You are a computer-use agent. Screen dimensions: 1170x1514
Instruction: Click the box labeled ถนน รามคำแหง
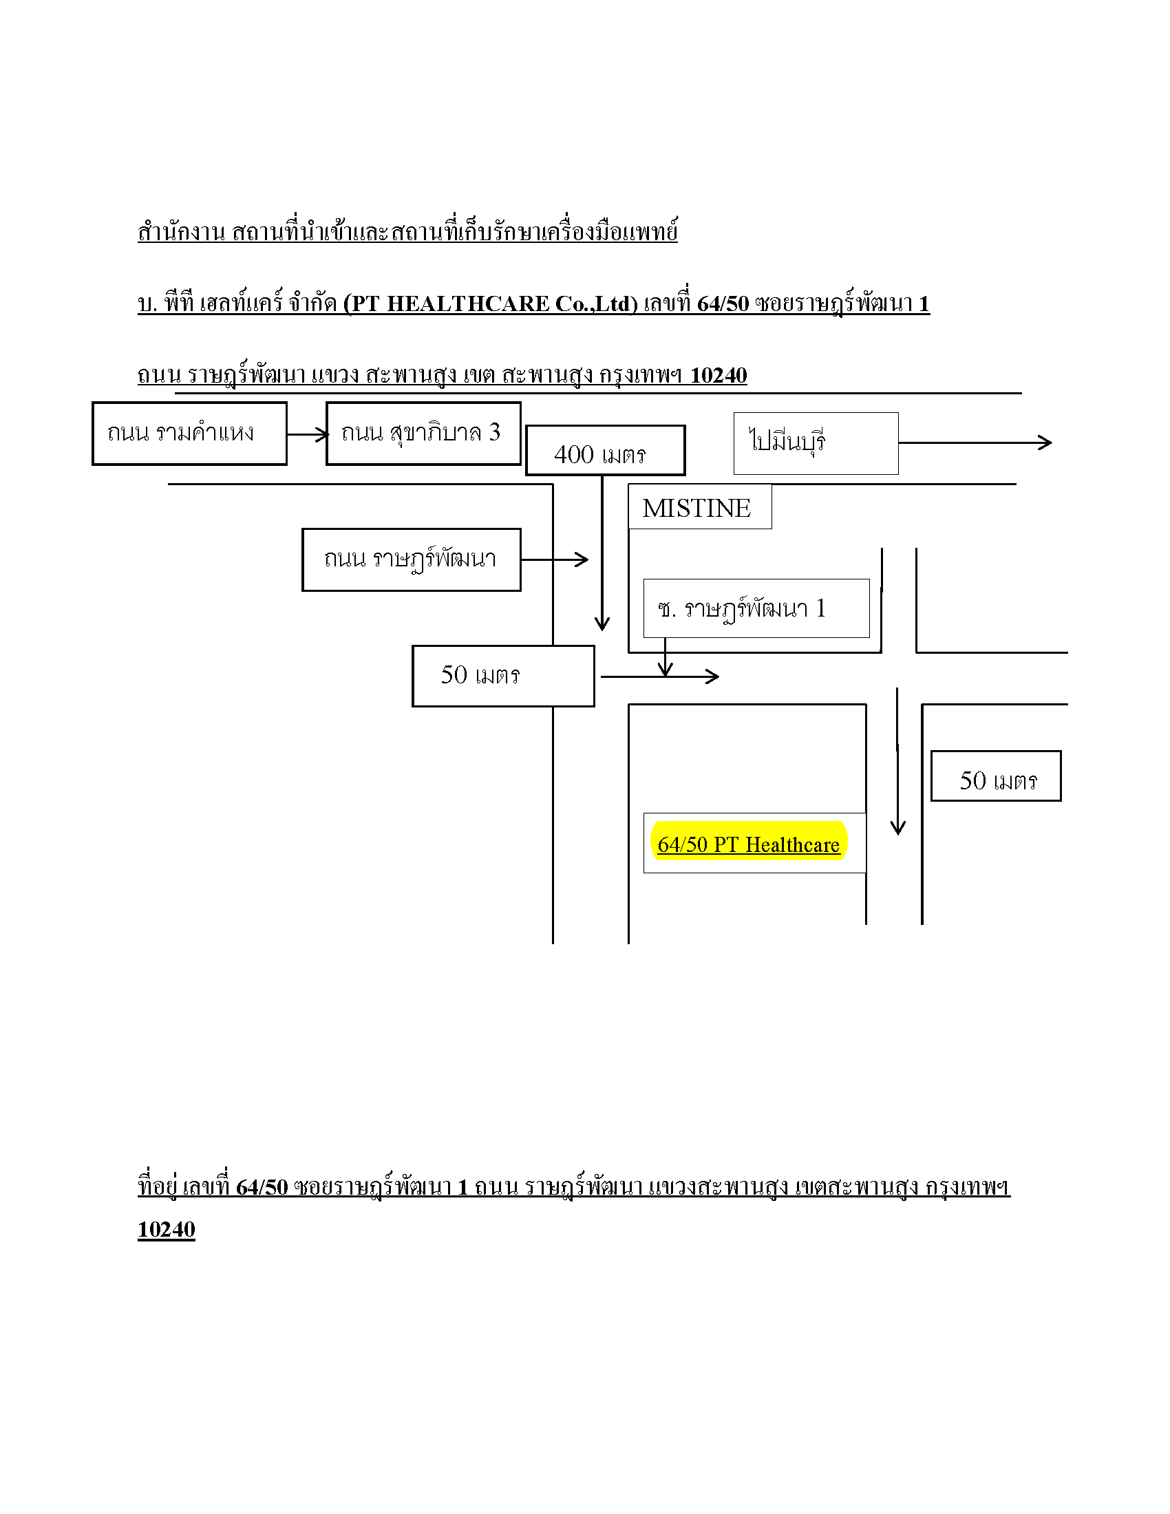(x=189, y=434)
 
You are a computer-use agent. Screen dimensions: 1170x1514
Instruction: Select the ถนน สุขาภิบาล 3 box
(x=423, y=434)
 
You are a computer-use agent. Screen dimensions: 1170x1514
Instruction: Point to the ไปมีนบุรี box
(x=816, y=444)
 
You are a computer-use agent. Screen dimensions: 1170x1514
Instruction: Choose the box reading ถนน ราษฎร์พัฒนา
(x=412, y=560)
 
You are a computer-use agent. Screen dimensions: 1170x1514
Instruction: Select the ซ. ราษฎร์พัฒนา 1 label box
(x=756, y=608)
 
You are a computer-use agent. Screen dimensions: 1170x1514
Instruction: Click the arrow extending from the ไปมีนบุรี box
(x=975, y=443)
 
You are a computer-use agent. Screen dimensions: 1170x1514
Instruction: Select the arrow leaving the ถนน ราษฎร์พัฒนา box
(x=555, y=559)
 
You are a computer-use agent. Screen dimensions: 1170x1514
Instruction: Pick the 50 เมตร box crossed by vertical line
(x=503, y=676)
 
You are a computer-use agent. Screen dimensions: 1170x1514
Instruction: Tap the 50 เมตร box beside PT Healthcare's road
(x=996, y=776)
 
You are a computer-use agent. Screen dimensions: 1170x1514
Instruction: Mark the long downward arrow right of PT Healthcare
(x=897, y=761)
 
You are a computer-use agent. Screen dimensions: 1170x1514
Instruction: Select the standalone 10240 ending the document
(x=167, y=1229)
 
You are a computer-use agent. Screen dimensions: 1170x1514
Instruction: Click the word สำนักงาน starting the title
(x=182, y=231)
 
